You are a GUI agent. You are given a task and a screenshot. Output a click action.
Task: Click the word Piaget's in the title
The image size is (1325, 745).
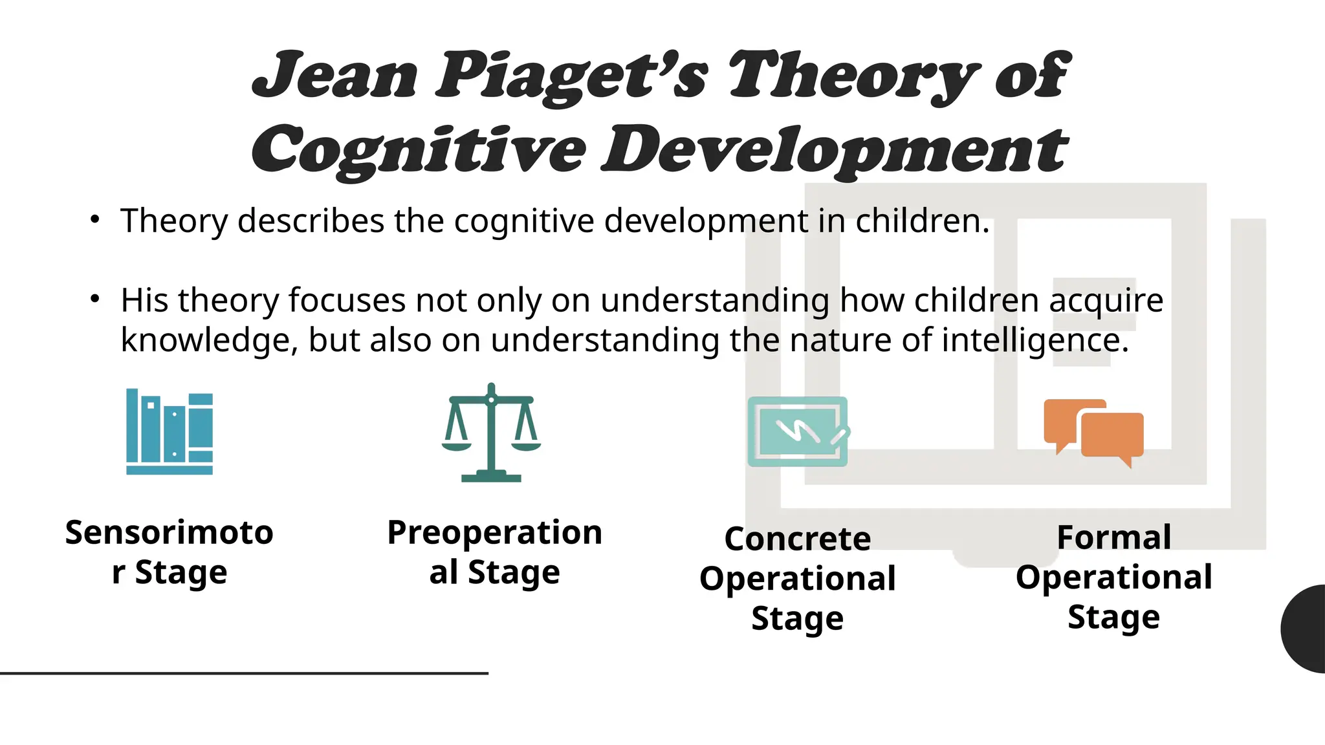click(572, 76)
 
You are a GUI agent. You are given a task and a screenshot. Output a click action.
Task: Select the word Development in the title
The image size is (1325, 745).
click(835, 150)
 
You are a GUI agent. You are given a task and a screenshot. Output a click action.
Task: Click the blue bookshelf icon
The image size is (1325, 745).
click(170, 431)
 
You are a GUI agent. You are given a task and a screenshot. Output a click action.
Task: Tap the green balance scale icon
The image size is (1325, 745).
click(491, 433)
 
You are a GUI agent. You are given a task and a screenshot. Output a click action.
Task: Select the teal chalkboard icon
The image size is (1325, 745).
click(798, 431)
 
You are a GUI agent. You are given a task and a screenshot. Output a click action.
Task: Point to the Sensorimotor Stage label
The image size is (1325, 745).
click(170, 552)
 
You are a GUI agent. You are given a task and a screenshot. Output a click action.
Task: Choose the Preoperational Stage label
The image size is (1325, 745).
click(494, 552)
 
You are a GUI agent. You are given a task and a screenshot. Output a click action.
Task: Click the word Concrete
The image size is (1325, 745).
click(798, 539)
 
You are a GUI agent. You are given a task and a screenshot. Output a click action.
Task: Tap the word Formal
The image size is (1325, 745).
click(1113, 537)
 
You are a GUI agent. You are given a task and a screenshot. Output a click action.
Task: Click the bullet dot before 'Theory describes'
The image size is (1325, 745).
click(95, 219)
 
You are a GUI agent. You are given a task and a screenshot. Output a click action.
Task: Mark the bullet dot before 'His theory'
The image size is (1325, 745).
click(95, 299)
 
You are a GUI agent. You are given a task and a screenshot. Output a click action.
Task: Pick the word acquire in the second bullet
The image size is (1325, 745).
click(1106, 301)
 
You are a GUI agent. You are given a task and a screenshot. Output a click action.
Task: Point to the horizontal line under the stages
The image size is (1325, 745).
click(244, 673)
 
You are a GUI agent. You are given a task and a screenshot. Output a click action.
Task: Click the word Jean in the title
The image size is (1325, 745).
click(335, 76)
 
